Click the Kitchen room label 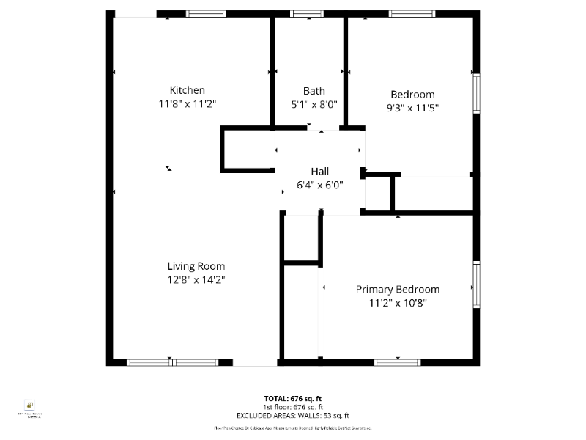[188, 90]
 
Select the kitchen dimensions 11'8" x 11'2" [188, 104]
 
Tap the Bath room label [314, 91]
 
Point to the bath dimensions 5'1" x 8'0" [314, 104]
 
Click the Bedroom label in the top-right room [412, 94]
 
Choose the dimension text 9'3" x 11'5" [412, 108]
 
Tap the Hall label [319, 171]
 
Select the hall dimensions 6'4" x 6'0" [319, 185]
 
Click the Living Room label [196, 266]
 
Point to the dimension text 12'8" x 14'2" [196, 279]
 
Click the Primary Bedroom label [398, 289]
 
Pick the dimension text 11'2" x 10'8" [398, 302]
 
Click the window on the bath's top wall [307, 13]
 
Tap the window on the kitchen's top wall [206, 13]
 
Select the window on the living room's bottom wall [172, 362]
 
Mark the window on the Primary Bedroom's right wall [476, 285]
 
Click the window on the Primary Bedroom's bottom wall [397, 362]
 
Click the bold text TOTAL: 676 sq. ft [292, 398]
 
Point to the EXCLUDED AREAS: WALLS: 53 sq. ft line [292, 415]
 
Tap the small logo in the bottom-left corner [30, 406]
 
